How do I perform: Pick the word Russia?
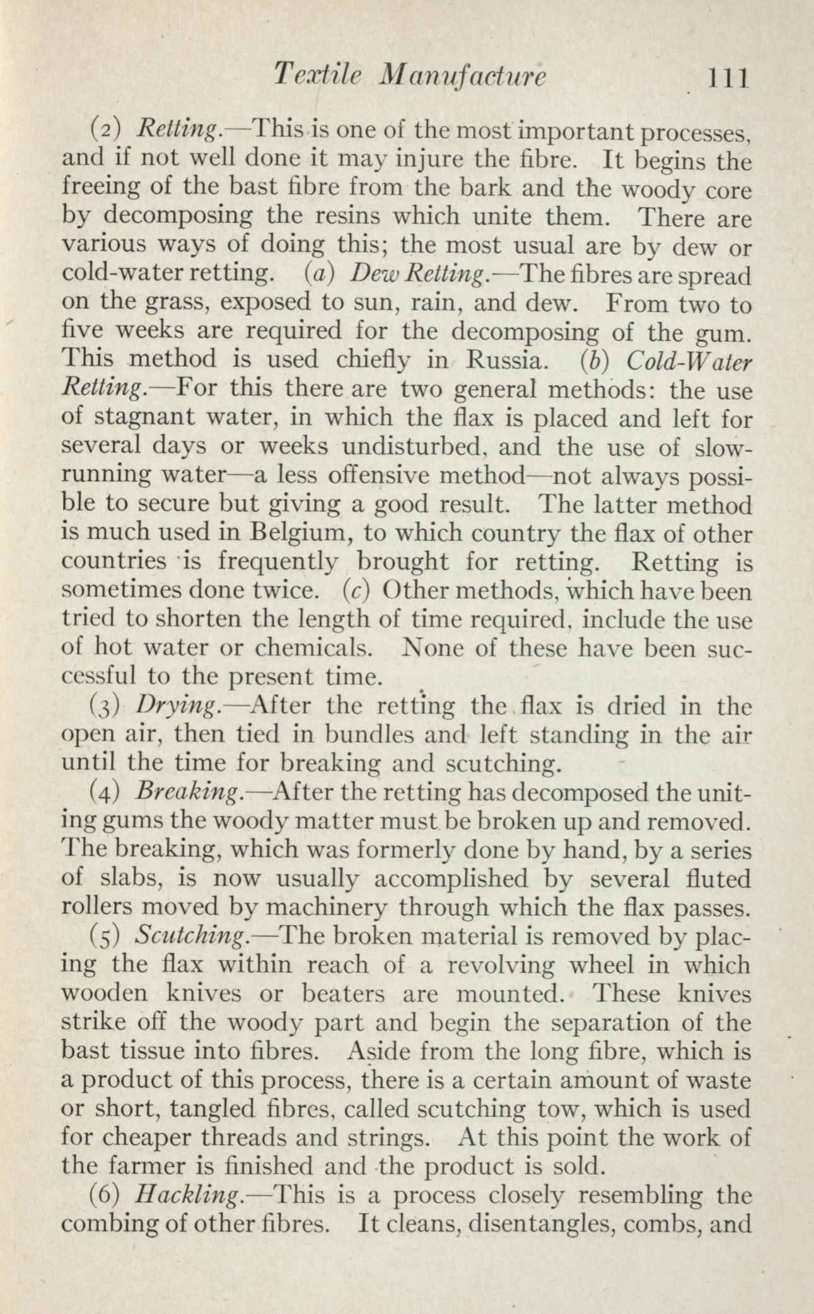pos(503,359)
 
